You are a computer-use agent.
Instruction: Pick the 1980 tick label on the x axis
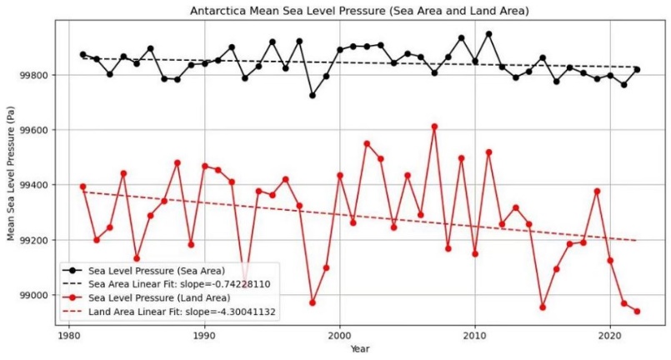68,335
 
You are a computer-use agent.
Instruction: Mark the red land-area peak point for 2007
434,127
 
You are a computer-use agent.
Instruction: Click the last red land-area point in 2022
637,311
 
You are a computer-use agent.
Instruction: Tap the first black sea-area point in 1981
83,54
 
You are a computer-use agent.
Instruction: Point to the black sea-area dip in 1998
313,95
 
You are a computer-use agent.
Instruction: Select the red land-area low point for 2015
543,307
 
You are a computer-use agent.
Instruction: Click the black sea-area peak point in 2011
488,34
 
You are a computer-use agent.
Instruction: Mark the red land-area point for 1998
313,302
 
